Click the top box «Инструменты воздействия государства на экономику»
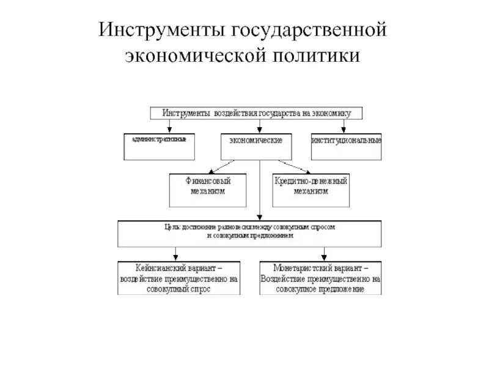pos(257,113)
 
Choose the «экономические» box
pos(256,142)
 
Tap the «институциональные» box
pos(346,141)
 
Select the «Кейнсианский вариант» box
pos(179,278)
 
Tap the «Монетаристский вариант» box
pos(321,278)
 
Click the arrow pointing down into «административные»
pos(169,125)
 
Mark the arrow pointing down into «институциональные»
pos(344,125)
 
